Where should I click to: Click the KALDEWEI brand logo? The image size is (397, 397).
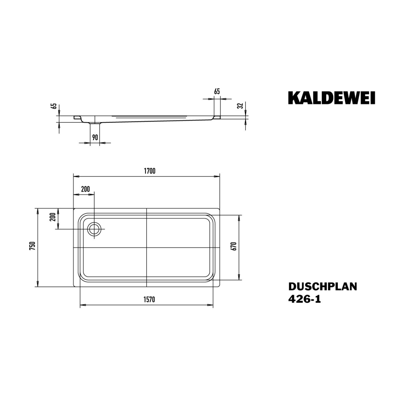[331, 98]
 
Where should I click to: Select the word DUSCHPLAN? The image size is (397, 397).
[323, 287]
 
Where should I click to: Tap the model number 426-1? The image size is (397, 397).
[304, 299]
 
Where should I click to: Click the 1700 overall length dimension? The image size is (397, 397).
[150, 171]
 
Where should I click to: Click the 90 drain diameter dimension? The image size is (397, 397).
[95, 137]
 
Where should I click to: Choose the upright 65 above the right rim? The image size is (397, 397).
[217, 91]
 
